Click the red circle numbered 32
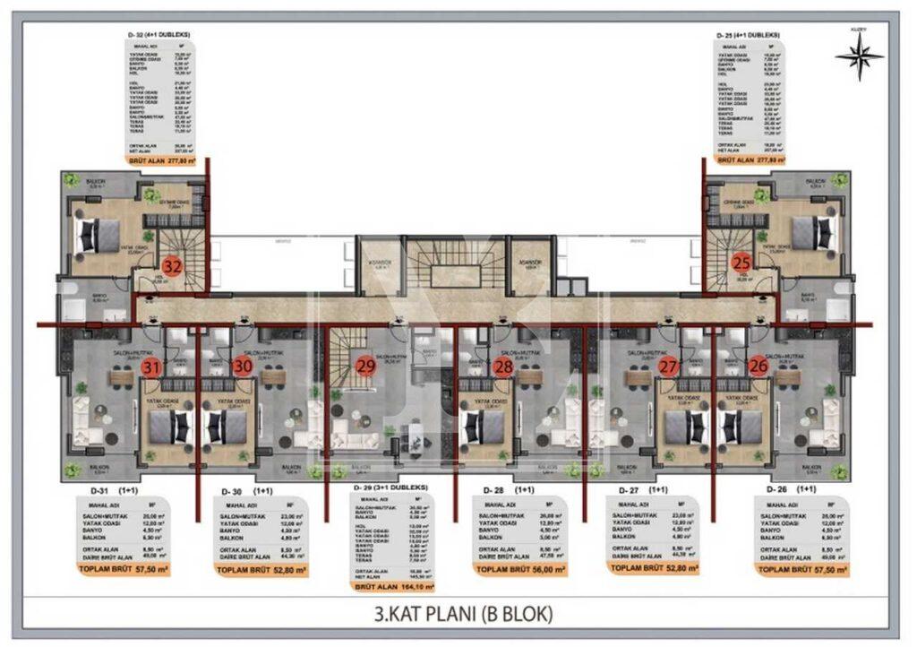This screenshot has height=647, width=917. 173,265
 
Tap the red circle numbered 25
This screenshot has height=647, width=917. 741,262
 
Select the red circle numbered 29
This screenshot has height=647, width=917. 365,365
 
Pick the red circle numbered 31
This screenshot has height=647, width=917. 152,366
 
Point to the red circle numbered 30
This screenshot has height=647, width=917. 242,366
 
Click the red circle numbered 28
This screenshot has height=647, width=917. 503,366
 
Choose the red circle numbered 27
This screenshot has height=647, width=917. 668,366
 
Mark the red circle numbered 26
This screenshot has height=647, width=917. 758,366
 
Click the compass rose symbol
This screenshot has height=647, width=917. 859,56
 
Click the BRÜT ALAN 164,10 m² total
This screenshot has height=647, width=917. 395,588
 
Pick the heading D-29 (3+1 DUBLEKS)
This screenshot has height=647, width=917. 392,488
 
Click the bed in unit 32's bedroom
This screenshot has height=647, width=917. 92,235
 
